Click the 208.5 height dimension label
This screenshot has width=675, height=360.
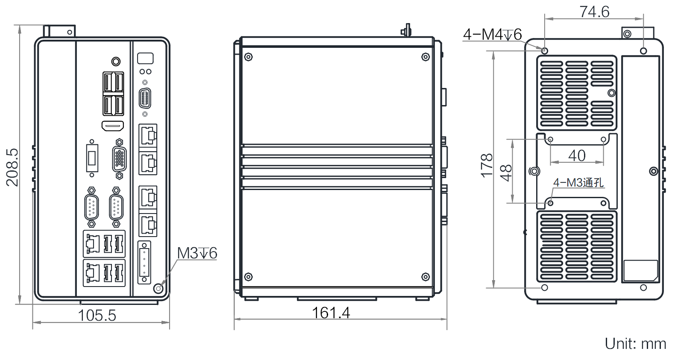pyautogui.click(x=12, y=167)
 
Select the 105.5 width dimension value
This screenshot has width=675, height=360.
pyautogui.click(x=97, y=315)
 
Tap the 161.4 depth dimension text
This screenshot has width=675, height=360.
pyautogui.click(x=331, y=313)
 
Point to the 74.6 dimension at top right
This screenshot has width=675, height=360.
pyautogui.click(x=594, y=12)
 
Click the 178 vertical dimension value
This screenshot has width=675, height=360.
pyautogui.click(x=487, y=166)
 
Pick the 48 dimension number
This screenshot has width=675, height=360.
pyautogui.click(x=506, y=173)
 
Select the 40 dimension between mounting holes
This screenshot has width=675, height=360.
pyautogui.click(x=577, y=155)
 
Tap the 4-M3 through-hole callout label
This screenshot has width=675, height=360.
pyautogui.click(x=578, y=183)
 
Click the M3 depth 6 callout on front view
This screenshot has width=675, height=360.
pyautogui.click(x=197, y=253)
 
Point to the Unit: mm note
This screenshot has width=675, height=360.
pyautogui.click(x=635, y=344)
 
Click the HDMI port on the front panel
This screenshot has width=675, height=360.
pyautogui.click(x=113, y=126)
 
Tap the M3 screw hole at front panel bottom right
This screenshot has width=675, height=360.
pyautogui.click(x=158, y=288)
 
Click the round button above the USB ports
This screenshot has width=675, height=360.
pyautogui.click(x=115, y=61)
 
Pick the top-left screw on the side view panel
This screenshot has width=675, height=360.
pyautogui.click(x=248, y=57)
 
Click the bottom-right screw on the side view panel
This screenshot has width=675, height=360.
pyautogui.click(x=426, y=277)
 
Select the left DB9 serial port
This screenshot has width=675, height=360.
pyautogui.click(x=91, y=208)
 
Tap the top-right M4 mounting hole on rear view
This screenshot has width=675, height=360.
pyautogui.click(x=643, y=51)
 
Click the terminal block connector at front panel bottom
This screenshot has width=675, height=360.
pyautogui.click(x=144, y=262)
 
